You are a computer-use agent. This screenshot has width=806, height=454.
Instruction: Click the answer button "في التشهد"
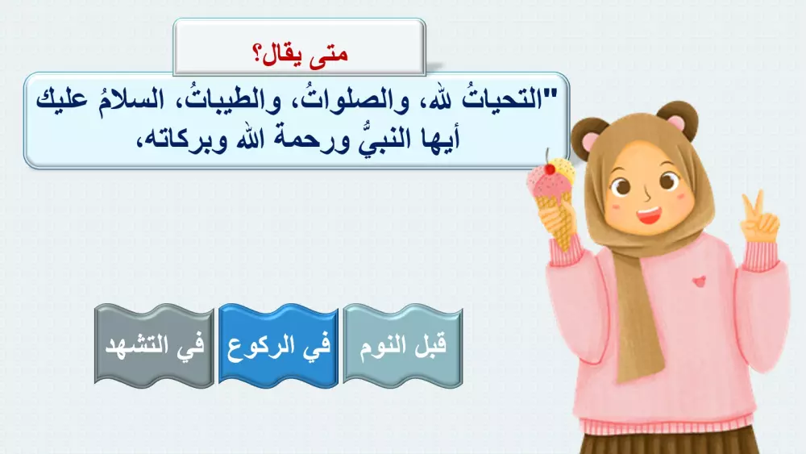(x=155, y=345)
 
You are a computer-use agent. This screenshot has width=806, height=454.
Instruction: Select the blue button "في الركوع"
(x=278, y=345)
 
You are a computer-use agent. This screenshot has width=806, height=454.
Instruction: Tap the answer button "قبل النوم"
(x=403, y=345)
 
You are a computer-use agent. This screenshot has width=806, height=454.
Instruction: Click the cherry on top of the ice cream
(x=550, y=168)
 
